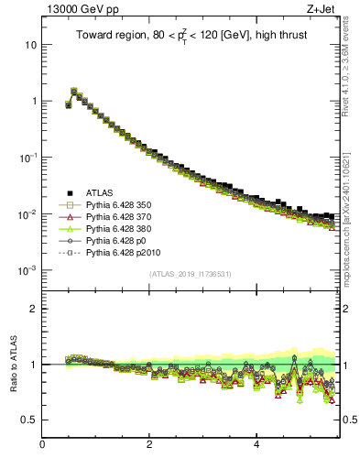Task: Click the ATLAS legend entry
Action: pyautogui.click(x=102, y=192)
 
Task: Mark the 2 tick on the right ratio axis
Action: pyautogui.click(x=347, y=309)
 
